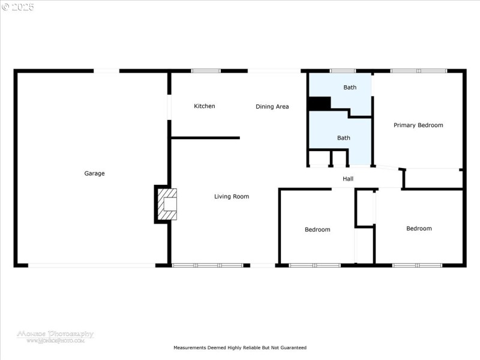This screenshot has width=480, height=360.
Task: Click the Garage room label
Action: pos(94,173)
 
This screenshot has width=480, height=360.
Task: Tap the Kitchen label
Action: pos(204,106)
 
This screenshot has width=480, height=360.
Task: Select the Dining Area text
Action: pos(272,107)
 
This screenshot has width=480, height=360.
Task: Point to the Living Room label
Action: pos(232,196)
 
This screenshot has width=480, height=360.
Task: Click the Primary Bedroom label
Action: pos(418,125)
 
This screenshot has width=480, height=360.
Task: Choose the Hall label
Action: pos(348,179)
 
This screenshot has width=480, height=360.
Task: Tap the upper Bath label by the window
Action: pos(350,87)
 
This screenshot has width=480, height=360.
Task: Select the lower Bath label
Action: pos(343,138)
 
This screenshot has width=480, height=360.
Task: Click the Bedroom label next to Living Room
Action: pos(317,229)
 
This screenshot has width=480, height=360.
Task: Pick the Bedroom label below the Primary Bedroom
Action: pos(419,228)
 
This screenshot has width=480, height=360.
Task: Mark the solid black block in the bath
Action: pos(319,103)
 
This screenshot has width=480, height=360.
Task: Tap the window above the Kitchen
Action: pos(205,71)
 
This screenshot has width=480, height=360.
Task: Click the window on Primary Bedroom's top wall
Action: pos(418,71)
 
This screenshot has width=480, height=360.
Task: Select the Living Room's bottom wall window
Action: pos(208,265)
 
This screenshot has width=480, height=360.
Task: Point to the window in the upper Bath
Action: pos(343,71)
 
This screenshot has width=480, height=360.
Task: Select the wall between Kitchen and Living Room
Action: pos(206,138)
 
